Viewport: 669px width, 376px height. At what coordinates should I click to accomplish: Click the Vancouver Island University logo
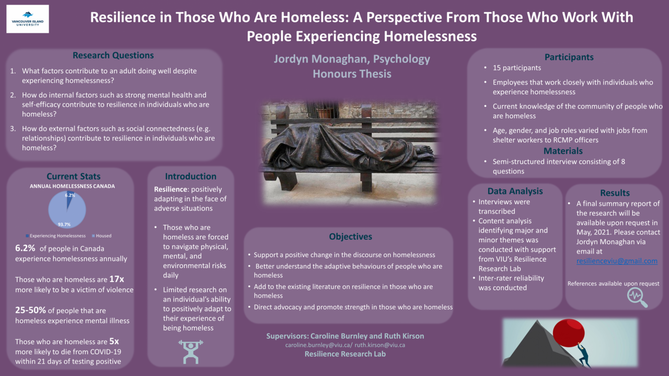[28, 19]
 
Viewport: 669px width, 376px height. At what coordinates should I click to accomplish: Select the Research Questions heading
[113, 55]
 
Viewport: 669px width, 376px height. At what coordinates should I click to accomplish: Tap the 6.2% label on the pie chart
[70, 195]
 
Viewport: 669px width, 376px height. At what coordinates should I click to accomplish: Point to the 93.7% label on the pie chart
[64, 225]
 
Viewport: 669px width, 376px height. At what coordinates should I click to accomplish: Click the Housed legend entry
[101, 236]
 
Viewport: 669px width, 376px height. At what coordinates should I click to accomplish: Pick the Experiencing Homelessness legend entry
[55, 236]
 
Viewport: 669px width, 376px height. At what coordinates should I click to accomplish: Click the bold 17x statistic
[117, 279]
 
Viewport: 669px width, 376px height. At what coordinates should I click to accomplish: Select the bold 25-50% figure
[30, 310]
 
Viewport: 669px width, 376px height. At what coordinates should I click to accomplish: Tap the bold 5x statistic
[114, 341]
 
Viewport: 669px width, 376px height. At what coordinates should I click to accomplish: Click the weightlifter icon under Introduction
[191, 352]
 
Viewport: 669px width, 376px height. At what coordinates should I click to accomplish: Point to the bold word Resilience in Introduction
[170, 189]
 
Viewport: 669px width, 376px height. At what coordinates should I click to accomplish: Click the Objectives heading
[351, 237]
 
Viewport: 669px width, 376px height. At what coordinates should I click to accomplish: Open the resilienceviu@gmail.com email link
[617, 261]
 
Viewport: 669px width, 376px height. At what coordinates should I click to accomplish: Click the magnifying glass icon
[637, 297]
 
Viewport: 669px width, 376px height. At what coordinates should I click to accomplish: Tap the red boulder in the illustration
[568, 333]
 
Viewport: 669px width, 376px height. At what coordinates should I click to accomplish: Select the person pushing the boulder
[583, 356]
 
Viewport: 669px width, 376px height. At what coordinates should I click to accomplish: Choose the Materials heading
[563, 151]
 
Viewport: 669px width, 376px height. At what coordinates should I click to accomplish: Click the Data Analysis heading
[515, 191]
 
